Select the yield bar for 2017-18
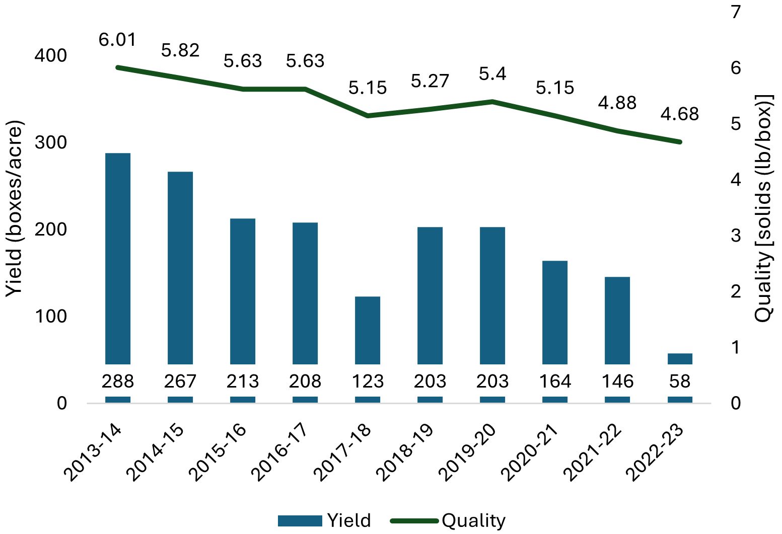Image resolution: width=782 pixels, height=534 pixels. [368, 330]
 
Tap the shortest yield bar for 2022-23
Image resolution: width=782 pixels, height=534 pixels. [680, 358]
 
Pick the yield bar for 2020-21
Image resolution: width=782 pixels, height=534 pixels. [555, 312]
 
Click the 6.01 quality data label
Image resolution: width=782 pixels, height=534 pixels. [118, 40]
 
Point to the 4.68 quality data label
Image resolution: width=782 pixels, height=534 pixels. [680, 114]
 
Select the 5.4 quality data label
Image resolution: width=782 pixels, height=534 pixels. [492, 74]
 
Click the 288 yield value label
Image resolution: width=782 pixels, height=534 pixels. [118, 382]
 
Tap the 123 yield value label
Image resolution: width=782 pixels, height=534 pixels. [368, 382]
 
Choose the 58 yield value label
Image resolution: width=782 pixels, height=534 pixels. [680, 382]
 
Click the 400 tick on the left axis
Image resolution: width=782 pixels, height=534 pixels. [50, 56]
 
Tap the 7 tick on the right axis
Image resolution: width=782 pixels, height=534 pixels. [736, 12]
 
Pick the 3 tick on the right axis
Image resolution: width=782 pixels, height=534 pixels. [736, 236]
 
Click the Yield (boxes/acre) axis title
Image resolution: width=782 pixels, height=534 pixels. [15, 209]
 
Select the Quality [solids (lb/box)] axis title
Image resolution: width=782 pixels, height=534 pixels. [763, 209]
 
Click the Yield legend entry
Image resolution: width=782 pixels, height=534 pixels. [325, 520]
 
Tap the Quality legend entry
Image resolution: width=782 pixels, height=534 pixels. [448, 520]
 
